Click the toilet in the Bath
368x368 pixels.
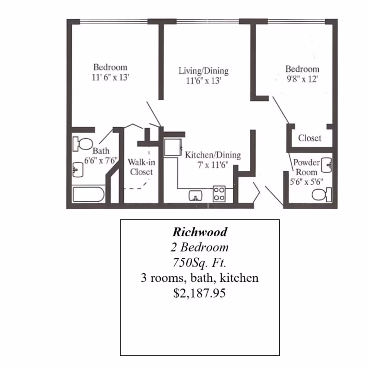click(82, 144)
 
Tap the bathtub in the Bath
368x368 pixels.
click(88, 194)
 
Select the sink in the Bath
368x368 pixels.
click(78, 169)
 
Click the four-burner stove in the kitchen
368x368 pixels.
click(219, 194)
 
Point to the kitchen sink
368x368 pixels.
click(195, 196)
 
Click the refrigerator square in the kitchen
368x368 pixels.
click(173, 147)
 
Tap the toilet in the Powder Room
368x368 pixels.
click(322, 195)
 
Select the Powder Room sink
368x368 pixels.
click(327, 165)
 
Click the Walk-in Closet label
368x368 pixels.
click(141, 167)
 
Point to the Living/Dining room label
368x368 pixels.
click(203, 71)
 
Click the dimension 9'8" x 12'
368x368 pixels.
click(302, 79)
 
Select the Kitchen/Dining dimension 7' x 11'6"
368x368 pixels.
click(213, 165)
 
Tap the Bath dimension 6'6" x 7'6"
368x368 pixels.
click(101, 160)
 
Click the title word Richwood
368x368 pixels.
click(200, 232)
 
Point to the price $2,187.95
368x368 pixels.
click(200, 293)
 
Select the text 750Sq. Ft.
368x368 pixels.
click(200, 263)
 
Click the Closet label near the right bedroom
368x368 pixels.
click(310, 138)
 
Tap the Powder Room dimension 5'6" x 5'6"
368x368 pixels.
click(306, 181)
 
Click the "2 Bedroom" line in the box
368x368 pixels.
click(200, 247)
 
